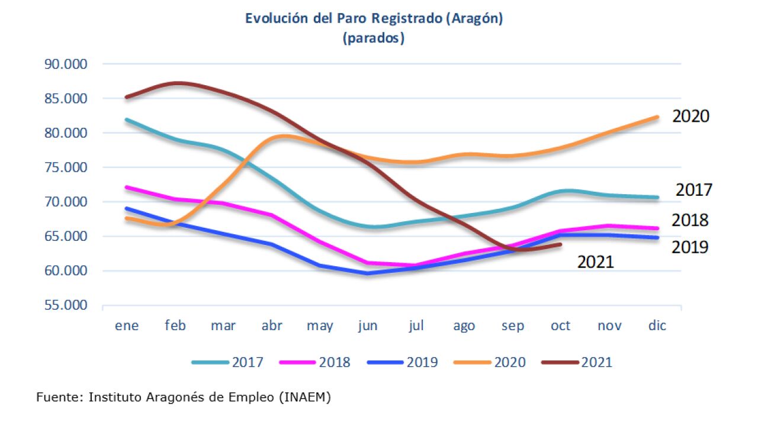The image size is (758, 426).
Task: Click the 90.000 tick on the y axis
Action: click(66, 64)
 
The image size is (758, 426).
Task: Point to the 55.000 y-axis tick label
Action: click(66, 305)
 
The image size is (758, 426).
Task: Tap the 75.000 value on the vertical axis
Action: click(66, 167)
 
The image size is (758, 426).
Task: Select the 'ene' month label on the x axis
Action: click(127, 326)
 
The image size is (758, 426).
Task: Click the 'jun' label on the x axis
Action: click(368, 326)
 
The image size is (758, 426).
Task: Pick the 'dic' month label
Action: click(657, 326)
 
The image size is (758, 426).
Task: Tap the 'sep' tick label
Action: click(512, 326)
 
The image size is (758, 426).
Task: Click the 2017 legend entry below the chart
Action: click(248, 362)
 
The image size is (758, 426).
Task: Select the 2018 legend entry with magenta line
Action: click(335, 362)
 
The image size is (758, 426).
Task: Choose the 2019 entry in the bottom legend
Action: click(422, 362)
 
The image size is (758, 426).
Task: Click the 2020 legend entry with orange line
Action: click(509, 362)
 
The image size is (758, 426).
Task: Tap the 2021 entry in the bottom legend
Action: click(596, 362)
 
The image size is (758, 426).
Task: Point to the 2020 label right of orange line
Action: click(690, 116)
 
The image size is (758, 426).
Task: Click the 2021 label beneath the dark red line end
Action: click(596, 262)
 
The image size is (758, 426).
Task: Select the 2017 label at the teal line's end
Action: click(694, 191)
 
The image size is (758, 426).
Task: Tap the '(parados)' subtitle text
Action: click(374, 38)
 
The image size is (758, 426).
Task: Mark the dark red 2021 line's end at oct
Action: click(560, 244)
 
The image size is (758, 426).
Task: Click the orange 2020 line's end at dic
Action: click(657, 117)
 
